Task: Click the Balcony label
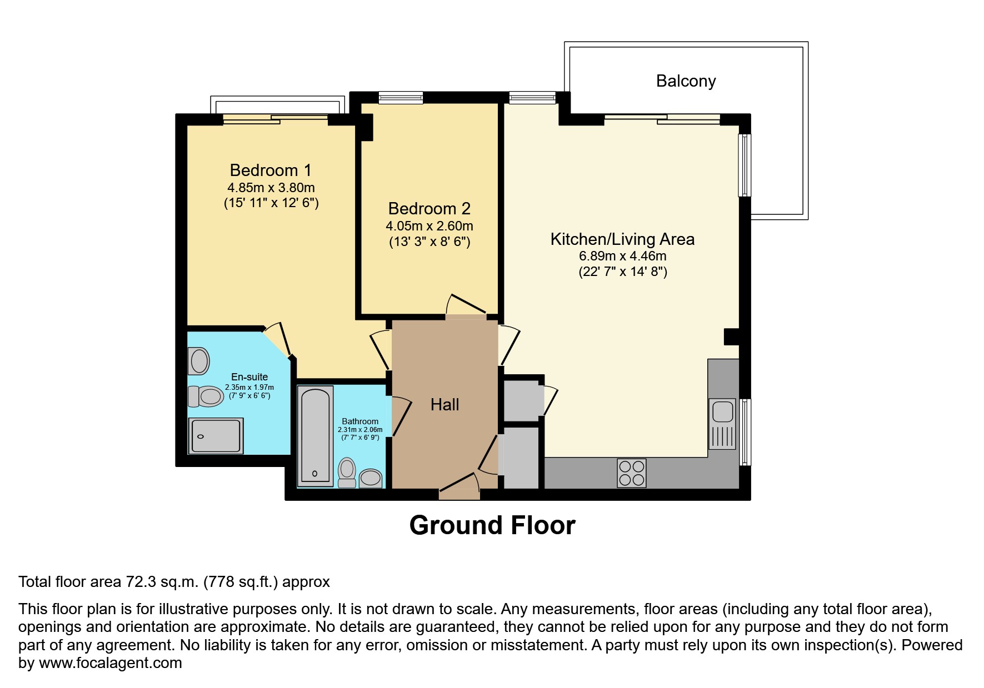coord(686,81)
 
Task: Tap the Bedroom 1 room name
coord(271,170)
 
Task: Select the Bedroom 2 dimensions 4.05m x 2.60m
coord(429,226)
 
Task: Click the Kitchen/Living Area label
coord(622,239)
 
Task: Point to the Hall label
coord(444,405)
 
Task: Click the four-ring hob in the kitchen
coord(632,473)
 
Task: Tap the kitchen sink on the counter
coord(722,413)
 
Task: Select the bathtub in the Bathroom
coord(316,436)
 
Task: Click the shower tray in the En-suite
coord(216,435)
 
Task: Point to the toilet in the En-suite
coord(206,396)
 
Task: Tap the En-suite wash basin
coord(199,361)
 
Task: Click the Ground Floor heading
coord(492,525)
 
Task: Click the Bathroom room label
coord(360,421)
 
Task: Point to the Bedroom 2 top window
coord(401,98)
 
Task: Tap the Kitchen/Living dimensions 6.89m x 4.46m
coord(622,257)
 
